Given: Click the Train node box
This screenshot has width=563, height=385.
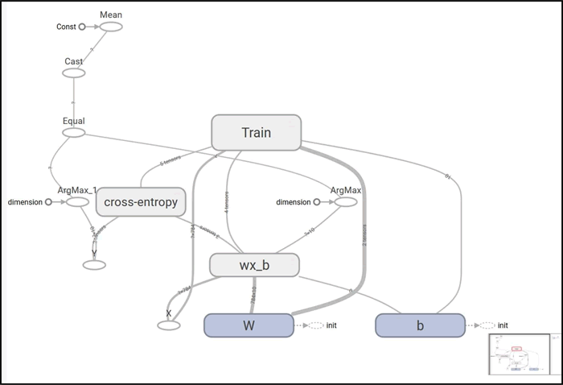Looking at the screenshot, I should (256, 132).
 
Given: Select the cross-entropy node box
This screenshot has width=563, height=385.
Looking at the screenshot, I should (142, 202).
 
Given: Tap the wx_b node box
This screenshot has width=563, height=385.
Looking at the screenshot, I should (254, 265).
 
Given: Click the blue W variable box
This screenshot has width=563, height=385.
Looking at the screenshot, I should (249, 325).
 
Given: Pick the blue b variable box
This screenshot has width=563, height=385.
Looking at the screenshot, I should (420, 325).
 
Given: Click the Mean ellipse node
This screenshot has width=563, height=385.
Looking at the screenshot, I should (111, 27).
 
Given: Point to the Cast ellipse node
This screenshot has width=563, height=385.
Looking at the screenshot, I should (74, 73).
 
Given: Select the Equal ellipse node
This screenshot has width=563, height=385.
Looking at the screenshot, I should (74, 133).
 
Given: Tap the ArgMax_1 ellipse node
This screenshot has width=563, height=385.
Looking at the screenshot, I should (77, 201).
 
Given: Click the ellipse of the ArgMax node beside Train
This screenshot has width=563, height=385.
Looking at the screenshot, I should (346, 201).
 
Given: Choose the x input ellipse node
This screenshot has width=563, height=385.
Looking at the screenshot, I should (169, 325).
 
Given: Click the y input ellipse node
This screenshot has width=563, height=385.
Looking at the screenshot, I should (95, 265).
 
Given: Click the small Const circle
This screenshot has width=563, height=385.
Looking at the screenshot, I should (82, 27).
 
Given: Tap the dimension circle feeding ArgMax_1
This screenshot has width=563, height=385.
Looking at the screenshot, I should (48, 201).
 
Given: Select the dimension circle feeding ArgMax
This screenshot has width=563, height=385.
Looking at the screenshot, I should (317, 201).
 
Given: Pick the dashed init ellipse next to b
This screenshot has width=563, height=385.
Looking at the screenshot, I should (485, 325).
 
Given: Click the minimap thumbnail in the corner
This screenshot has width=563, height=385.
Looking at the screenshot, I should (520, 354).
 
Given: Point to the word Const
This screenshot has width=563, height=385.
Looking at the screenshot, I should (66, 27).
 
